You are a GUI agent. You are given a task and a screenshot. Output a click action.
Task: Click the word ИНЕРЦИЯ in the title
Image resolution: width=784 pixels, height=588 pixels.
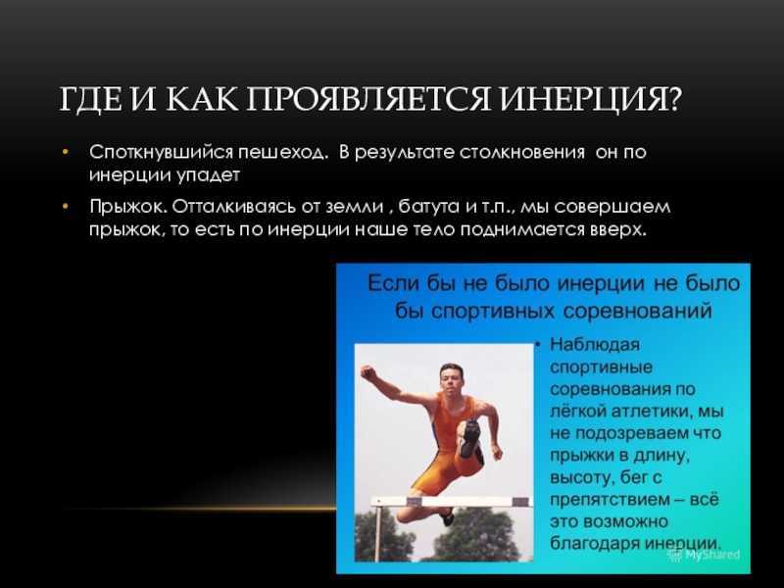tap(591, 100)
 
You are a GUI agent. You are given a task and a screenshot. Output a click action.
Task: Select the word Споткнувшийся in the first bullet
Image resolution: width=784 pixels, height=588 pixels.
tap(161, 153)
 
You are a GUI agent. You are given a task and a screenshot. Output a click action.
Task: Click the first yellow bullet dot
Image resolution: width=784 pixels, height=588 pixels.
tap(66, 152)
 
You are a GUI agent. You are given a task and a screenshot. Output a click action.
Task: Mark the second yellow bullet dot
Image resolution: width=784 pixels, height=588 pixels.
tap(66, 206)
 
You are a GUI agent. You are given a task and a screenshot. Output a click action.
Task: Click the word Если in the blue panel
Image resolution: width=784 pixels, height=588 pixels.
tap(393, 283)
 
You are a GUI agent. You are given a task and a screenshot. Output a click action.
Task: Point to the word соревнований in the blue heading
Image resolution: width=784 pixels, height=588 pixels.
tap(638, 311)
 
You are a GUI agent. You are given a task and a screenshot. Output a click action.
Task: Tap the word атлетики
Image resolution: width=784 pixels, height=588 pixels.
tap(645, 411)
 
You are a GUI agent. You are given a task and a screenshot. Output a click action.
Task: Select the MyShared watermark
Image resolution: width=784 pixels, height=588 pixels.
tap(705, 555)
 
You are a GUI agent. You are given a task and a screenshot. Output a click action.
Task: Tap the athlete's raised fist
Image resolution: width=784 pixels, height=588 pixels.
tap(368, 372)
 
